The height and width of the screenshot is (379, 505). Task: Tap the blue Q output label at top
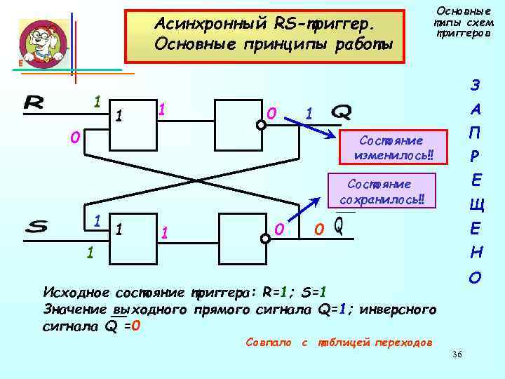click(341, 112)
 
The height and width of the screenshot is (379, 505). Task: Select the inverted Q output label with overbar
click(339, 226)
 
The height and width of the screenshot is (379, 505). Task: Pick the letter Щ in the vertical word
click(476, 206)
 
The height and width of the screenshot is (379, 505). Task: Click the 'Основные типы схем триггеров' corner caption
click(464, 22)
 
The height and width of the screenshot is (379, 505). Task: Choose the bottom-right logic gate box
click(242, 239)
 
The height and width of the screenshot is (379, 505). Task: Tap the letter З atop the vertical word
click(476, 86)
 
